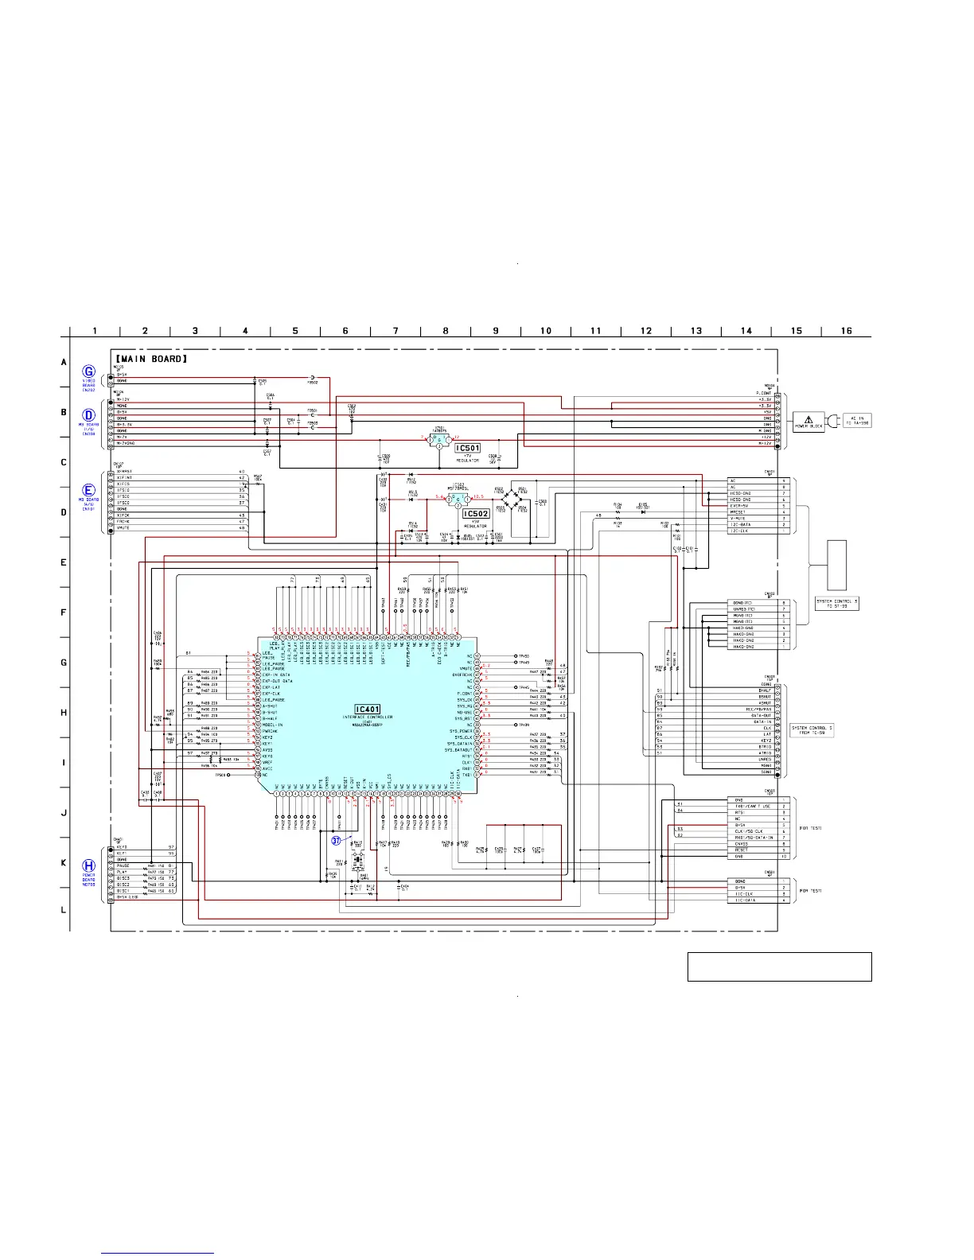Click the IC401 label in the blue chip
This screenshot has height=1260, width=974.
368,709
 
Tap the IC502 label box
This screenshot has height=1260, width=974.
476,514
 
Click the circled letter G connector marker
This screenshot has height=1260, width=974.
89,371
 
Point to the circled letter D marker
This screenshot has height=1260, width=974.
89,415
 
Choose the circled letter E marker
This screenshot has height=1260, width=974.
89,490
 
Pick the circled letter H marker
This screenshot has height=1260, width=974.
89,865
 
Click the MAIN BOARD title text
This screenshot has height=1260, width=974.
152,360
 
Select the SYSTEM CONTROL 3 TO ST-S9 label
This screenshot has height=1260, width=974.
837,604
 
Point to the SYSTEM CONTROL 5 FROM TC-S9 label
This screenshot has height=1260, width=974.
812,730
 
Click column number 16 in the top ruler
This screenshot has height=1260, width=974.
846,331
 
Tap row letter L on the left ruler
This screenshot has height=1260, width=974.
64,910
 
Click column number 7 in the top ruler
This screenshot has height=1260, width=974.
395,331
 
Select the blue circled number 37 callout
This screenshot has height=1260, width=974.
337,840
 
